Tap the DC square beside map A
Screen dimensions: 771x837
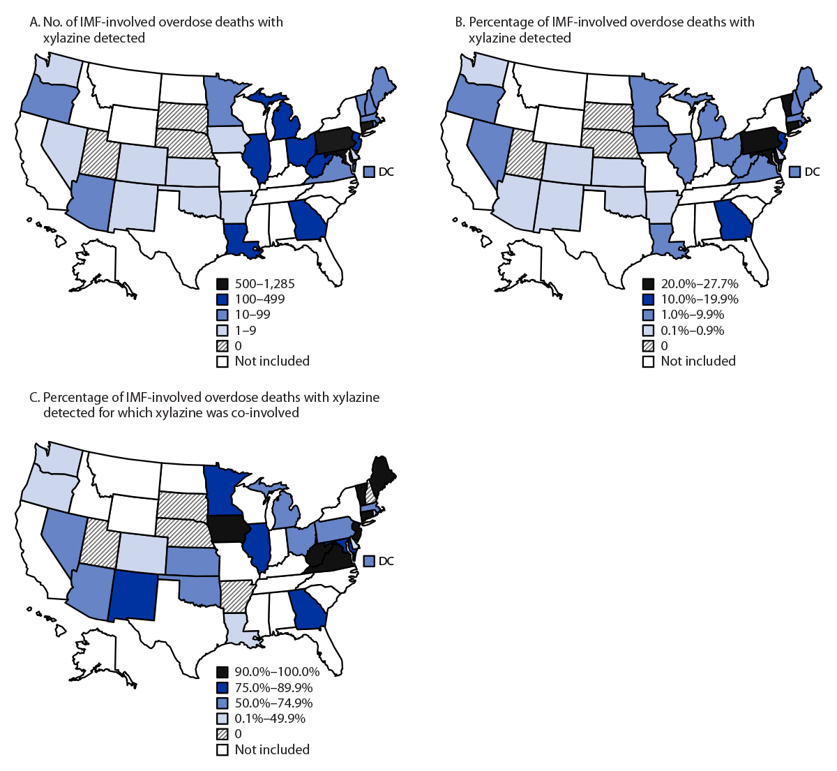point(369,172)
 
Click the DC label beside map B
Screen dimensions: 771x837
point(813,172)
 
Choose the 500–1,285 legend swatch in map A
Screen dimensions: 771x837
point(223,284)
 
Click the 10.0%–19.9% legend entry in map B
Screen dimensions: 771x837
point(699,299)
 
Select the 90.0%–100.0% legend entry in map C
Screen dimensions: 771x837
point(276,672)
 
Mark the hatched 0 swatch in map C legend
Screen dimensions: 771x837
point(223,734)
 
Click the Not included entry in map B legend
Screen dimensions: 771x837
point(697,361)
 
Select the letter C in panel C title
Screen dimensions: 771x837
point(33,397)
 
